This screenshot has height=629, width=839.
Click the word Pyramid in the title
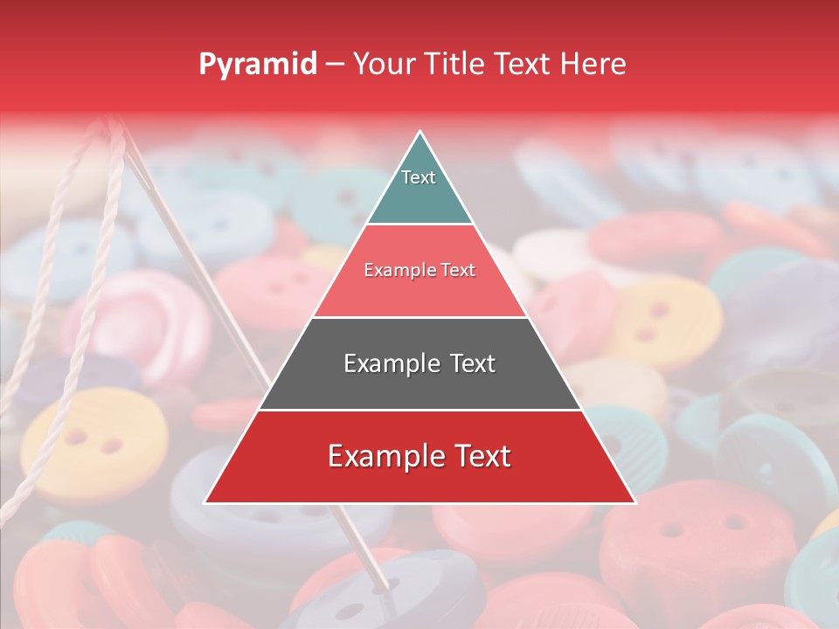click(257, 64)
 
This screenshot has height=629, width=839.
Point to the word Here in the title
click(593, 64)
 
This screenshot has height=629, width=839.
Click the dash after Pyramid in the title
click(334, 65)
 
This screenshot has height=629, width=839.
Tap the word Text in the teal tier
click(418, 177)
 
